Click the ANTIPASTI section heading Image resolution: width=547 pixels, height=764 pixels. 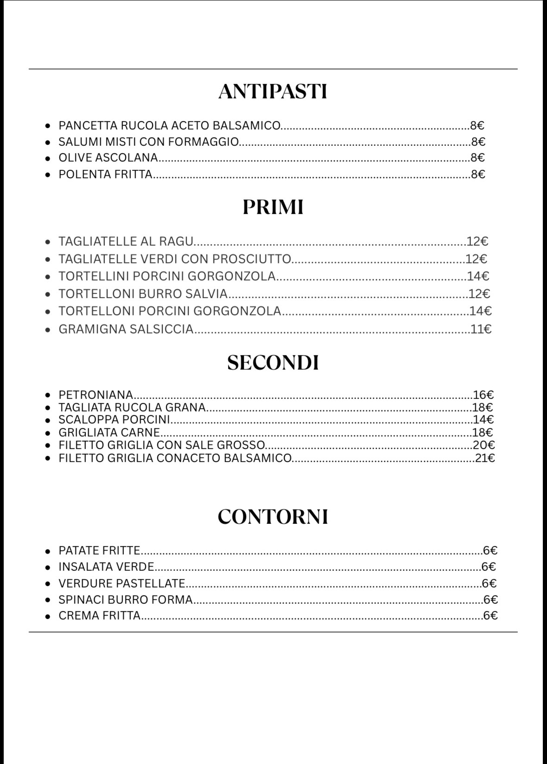point(273,91)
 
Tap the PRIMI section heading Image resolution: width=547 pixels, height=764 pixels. point(273,207)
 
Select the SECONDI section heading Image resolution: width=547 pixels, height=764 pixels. point(273,363)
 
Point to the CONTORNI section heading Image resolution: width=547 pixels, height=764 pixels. point(273,516)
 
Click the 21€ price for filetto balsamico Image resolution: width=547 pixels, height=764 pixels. point(485,458)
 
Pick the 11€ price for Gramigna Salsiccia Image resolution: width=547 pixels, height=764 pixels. point(481,329)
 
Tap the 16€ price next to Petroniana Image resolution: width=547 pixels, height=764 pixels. point(483,395)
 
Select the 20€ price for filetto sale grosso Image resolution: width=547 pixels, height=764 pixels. point(484,445)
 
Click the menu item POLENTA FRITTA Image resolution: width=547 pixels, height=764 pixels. point(105,174)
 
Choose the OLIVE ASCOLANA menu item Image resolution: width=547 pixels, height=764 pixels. point(108,157)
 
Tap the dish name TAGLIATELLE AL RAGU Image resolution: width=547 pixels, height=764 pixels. point(125,242)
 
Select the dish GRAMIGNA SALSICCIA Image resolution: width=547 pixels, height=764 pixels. point(126,329)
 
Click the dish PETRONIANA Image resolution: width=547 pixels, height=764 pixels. point(96,395)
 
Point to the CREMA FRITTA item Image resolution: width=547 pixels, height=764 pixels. point(99,615)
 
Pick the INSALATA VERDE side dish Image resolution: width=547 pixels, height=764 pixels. point(106,567)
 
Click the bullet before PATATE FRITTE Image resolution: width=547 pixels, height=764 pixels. point(47,551)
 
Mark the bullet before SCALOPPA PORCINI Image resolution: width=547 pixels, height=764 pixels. point(47,420)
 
